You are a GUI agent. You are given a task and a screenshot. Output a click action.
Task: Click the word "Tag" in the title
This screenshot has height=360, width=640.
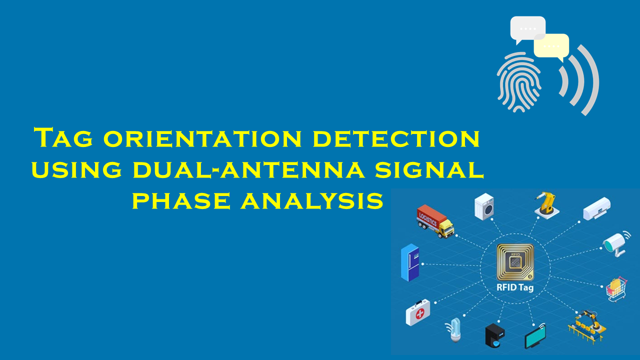63,137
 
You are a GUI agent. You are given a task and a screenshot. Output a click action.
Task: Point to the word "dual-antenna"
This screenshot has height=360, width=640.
249,169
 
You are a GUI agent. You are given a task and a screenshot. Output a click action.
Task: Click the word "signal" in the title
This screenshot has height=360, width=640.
429,169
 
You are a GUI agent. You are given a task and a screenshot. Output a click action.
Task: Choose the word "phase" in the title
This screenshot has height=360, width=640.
181,200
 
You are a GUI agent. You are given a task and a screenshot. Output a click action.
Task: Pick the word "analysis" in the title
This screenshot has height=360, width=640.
311,200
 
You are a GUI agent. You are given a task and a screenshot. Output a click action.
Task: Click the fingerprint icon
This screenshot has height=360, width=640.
519,82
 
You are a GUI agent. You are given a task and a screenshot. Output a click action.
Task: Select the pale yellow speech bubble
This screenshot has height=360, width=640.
551,46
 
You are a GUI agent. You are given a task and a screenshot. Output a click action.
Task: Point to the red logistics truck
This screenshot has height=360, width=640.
435,221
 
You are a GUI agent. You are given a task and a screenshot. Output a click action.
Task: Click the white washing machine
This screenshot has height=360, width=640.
484,206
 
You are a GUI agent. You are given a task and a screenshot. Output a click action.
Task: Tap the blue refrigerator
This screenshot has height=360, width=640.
410,262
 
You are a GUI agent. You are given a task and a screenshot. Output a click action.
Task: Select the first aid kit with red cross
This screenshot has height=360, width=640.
417,312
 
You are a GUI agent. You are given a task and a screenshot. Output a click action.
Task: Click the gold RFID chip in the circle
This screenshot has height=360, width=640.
515,262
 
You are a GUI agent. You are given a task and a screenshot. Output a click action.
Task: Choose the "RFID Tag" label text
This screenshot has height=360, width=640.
515,287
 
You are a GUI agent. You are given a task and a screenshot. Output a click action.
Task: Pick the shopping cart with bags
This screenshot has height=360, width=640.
616,289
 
